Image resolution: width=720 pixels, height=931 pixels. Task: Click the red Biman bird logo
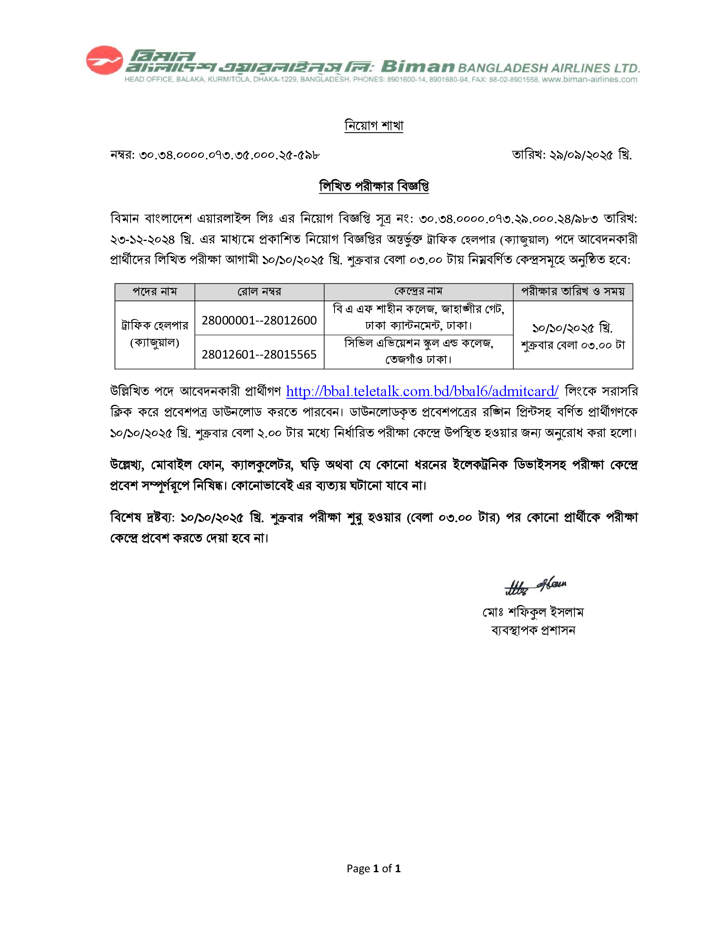pyautogui.click(x=104, y=60)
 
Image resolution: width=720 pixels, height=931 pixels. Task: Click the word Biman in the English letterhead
pyautogui.click(x=417, y=67)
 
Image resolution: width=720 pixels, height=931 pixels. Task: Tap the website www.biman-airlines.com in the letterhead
pyautogui.click(x=589, y=79)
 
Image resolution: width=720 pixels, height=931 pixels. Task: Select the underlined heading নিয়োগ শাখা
pyautogui.click(x=374, y=126)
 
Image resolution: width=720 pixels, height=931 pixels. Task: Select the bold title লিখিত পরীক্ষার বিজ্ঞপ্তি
pyautogui.click(x=374, y=186)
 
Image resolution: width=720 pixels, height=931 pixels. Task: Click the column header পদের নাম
pyautogui.click(x=155, y=292)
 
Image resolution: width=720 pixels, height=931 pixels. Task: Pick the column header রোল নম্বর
pyautogui.click(x=259, y=292)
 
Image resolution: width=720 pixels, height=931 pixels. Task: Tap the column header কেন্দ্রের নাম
pyautogui.click(x=418, y=292)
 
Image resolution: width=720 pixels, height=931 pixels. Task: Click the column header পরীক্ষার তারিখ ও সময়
pyautogui.click(x=573, y=292)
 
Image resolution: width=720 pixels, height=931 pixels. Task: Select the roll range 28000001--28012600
pyautogui.click(x=259, y=320)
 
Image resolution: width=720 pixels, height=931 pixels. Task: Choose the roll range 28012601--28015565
pyautogui.click(x=259, y=354)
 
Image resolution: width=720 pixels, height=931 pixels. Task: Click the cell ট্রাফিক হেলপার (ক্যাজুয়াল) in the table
pyautogui.click(x=155, y=334)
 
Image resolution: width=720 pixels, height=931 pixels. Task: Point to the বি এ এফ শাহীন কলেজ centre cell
pyautogui.click(x=418, y=317)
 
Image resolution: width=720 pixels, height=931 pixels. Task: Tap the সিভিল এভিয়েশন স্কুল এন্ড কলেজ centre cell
pyautogui.click(x=418, y=351)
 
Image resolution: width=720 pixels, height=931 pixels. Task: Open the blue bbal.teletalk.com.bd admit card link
pyautogui.click(x=422, y=391)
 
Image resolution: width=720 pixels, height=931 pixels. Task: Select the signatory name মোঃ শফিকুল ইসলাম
pyautogui.click(x=533, y=612)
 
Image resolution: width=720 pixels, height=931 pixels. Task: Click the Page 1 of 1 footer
pyautogui.click(x=374, y=868)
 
